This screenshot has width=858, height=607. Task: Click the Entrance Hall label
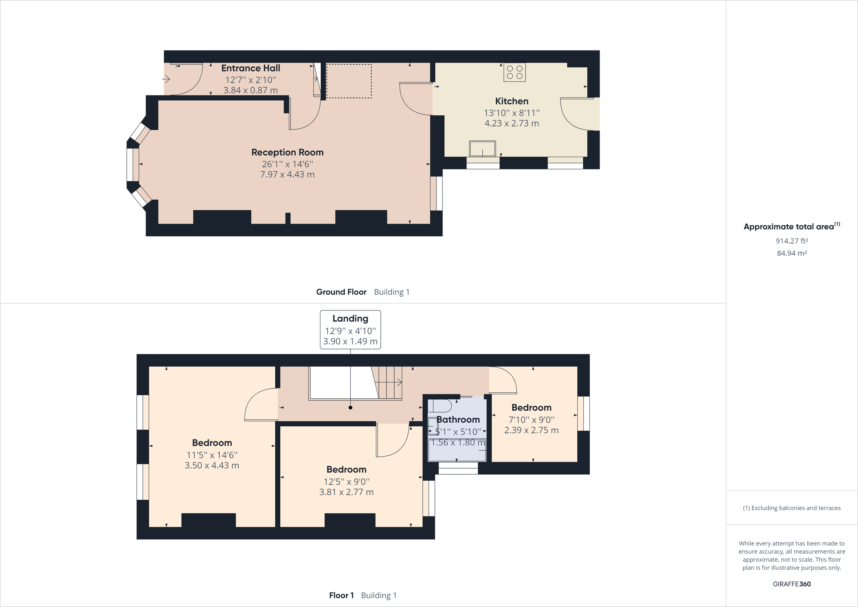[x=250, y=68]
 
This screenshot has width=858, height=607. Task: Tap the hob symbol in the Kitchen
[x=514, y=72]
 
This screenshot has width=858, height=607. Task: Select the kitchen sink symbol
[x=482, y=149]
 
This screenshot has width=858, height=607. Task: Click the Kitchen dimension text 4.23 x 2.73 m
[x=512, y=123]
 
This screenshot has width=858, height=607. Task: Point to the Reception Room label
[x=287, y=152]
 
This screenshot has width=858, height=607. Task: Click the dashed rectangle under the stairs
[x=349, y=81]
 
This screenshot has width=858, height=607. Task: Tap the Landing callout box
[x=350, y=329]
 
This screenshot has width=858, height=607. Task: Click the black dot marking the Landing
[x=350, y=408]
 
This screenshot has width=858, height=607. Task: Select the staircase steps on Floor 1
[x=389, y=382]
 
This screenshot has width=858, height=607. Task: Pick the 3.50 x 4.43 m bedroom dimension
[x=212, y=465]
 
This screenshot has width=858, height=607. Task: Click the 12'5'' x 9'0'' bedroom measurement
[x=346, y=482]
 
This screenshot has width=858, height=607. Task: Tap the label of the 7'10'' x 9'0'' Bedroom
[x=531, y=408]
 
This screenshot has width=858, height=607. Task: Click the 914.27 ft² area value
[x=792, y=241]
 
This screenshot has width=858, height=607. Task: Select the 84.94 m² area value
[x=792, y=253]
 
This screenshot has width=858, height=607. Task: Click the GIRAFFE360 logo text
[x=792, y=584]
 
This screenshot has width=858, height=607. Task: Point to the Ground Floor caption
[x=341, y=292]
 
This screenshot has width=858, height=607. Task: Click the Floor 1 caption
[x=341, y=595]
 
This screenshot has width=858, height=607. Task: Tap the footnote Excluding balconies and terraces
[x=792, y=508]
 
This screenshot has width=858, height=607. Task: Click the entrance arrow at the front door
[x=166, y=79]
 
